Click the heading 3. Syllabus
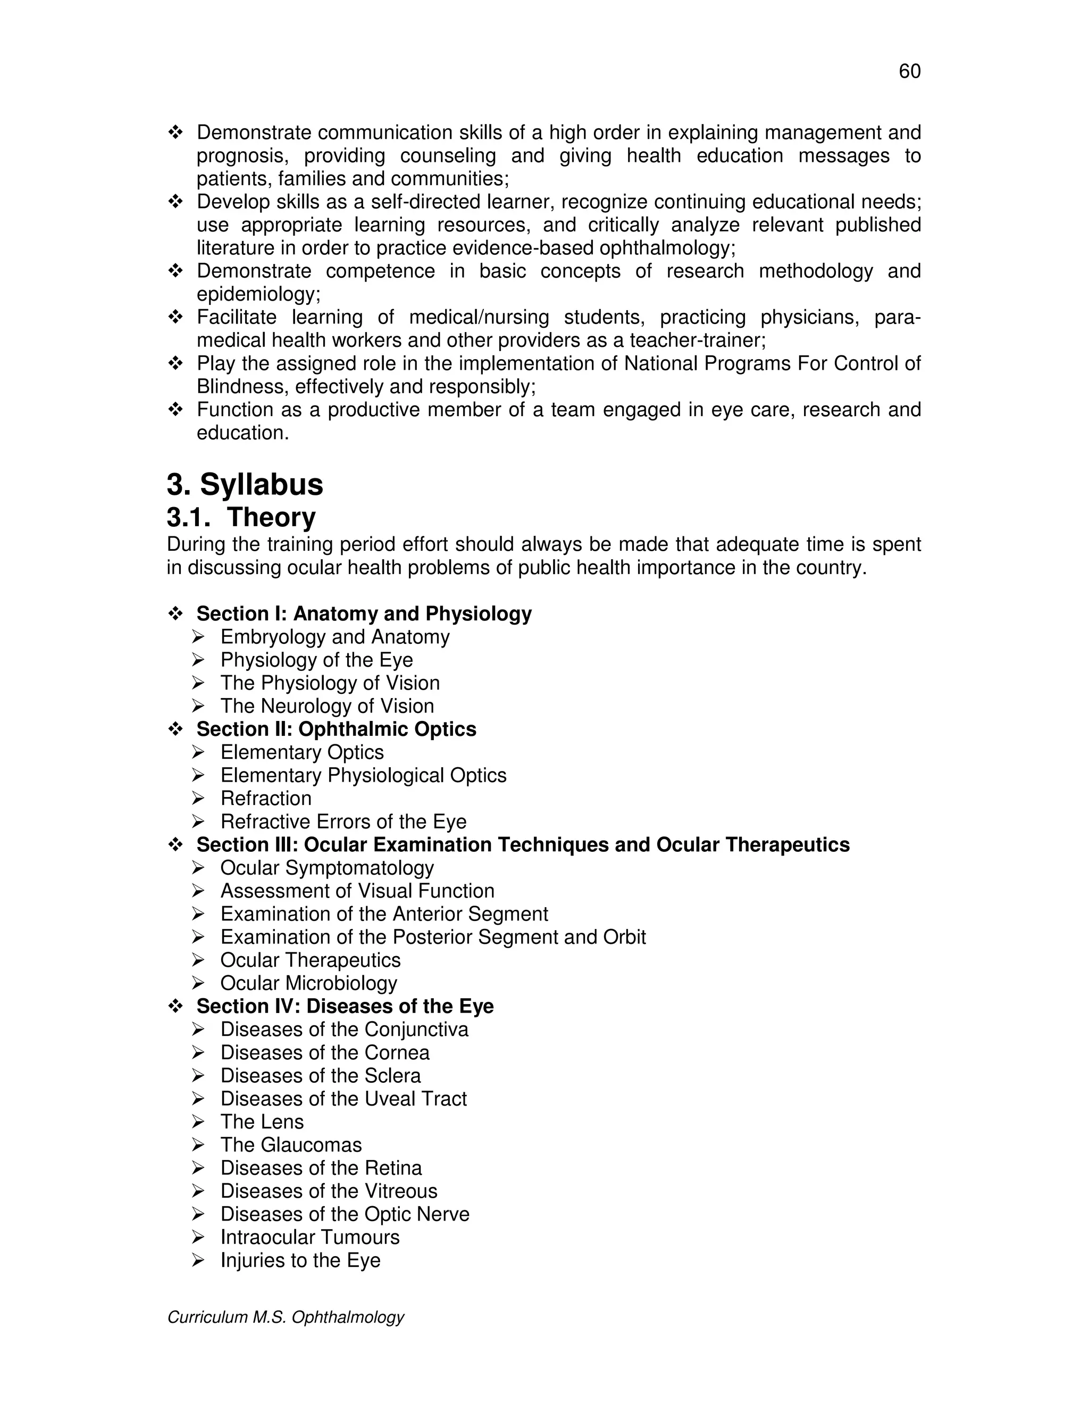tap(245, 484)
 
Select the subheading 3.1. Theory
tap(241, 517)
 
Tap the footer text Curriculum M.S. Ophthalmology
tap(285, 1317)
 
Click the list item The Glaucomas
tap(291, 1144)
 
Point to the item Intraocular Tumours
tap(309, 1237)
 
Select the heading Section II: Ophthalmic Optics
tap(336, 729)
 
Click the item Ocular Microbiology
tap(308, 983)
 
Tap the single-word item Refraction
tap(266, 799)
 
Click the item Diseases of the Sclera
tap(320, 1075)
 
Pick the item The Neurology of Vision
tap(327, 706)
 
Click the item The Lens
tap(262, 1122)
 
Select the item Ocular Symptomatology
tap(327, 868)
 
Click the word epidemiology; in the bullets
tap(258, 294)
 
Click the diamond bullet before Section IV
tap(175, 1006)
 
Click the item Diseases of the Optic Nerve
tap(345, 1214)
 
